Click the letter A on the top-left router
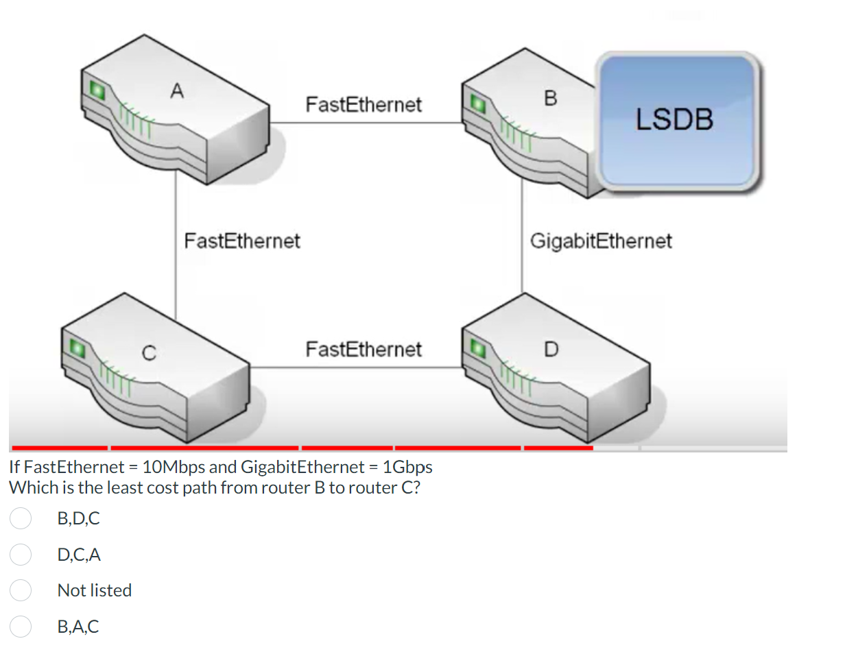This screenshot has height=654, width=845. [178, 90]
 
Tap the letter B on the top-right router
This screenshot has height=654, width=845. [550, 99]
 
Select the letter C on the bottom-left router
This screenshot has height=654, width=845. [147, 354]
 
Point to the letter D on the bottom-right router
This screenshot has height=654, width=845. [551, 349]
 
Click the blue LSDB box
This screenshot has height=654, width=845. [676, 120]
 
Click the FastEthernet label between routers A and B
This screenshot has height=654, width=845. [364, 105]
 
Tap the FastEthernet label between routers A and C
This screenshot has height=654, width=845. [242, 241]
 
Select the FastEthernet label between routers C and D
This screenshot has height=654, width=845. [364, 350]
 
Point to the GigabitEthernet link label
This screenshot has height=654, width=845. [601, 241]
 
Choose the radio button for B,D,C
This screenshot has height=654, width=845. [21, 519]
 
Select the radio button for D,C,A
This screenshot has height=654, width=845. [21, 555]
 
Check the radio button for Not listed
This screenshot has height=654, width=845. [21, 590]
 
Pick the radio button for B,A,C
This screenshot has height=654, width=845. [21, 626]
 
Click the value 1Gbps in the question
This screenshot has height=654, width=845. [407, 468]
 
